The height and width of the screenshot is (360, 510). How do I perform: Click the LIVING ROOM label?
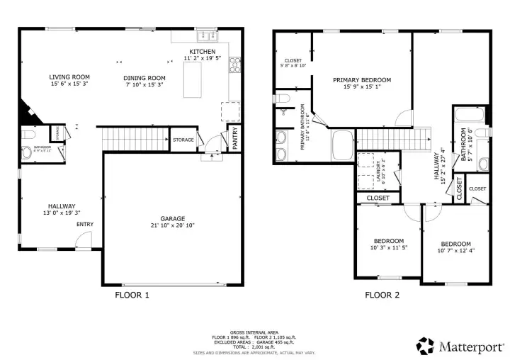pyautogui.click(x=69, y=77)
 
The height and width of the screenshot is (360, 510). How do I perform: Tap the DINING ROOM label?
pyautogui.click(x=144, y=77)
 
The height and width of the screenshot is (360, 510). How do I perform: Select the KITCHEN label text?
pyautogui.click(x=202, y=52)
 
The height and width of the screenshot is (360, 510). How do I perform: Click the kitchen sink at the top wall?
pyautogui.click(x=208, y=34)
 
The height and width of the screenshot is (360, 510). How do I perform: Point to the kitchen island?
pyautogui.click(x=193, y=79)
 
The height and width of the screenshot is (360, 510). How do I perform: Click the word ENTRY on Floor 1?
pyautogui.click(x=84, y=225)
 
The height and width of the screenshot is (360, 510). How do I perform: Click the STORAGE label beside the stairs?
pyautogui.click(x=183, y=140)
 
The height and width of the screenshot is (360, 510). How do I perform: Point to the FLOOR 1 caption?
pyautogui.click(x=132, y=295)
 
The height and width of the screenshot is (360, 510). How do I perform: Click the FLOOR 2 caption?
pyautogui.click(x=382, y=295)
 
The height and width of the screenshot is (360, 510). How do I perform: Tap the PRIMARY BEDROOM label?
pyautogui.click(x=362, y=80)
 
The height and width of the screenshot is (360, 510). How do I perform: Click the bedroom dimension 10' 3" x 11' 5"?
pyautogui.click(x=389, y=248)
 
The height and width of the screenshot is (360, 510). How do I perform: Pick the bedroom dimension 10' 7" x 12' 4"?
pyautogui.click(x=455, y=250)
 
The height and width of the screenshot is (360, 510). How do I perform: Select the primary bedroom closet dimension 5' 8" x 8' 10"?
pyautogui.click(x=294, y=65)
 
